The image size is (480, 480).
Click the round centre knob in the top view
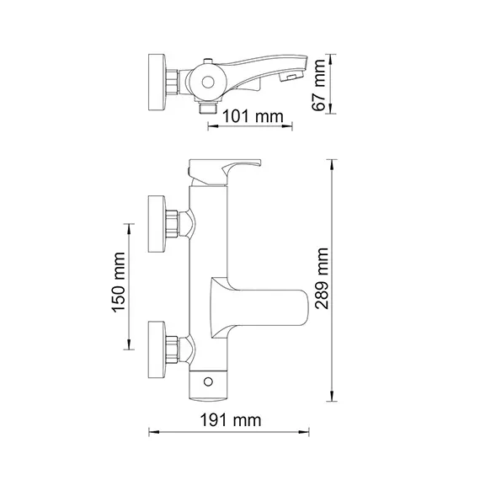[x=206, y=83]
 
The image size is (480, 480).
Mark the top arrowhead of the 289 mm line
[x=335, y=162]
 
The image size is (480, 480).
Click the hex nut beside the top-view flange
[x=173, y=82]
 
